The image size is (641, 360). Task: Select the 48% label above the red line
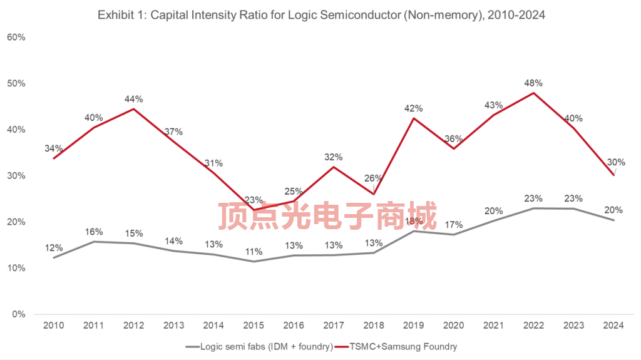click(x=533, y=83)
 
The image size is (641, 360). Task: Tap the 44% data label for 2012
click(x=133, y=99)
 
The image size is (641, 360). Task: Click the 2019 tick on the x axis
click(x=413, y=326)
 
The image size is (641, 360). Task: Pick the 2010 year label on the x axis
click(x=53, y=326)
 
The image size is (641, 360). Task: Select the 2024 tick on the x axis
click(x=614, y=326)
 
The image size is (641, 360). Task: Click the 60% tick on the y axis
click(x=16, y=37)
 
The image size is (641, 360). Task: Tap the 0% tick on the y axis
click(x=19, y=314)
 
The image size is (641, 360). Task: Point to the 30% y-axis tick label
click(x=16, y=176)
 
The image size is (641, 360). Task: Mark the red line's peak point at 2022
click(x=533, y=93)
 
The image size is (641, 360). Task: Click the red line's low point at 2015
click(x=254, y=209)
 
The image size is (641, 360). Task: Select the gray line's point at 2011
click(x=93, y=242)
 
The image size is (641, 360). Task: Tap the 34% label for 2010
click(x=53, y=148)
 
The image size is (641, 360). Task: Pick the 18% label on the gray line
click(x=413, y=220)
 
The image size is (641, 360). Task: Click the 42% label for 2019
click(x=413, y=108)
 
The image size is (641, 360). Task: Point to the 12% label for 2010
click(x=53, y=248)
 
